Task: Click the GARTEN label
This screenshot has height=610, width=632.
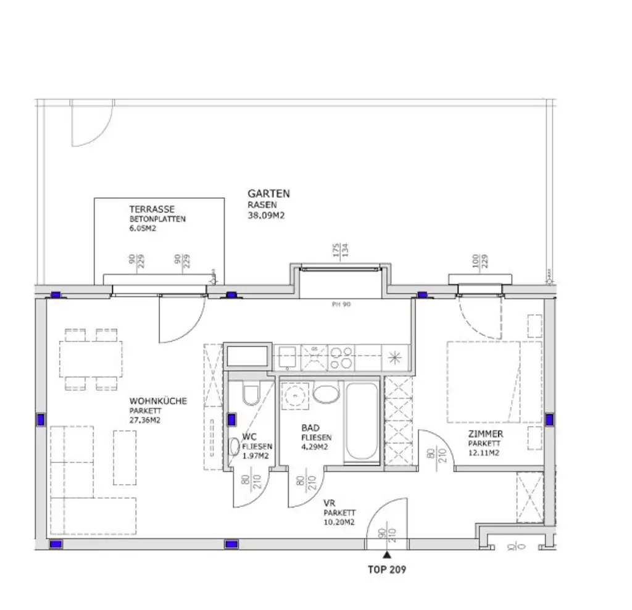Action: point(268,194)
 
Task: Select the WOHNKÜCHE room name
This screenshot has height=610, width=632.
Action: point(158,401)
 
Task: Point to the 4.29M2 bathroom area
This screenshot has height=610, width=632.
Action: point(314,447)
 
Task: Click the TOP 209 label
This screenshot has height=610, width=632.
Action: point(387,569)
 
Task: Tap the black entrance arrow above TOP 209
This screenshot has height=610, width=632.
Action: point(387,555)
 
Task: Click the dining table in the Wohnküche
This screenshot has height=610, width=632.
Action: point(91,360)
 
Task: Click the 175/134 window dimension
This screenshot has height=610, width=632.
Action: point(341,249)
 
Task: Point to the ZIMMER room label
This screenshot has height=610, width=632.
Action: point(485,434)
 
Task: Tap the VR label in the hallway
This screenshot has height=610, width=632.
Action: point(329,503)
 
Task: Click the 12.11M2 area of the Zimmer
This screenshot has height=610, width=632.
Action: point(483,453)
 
